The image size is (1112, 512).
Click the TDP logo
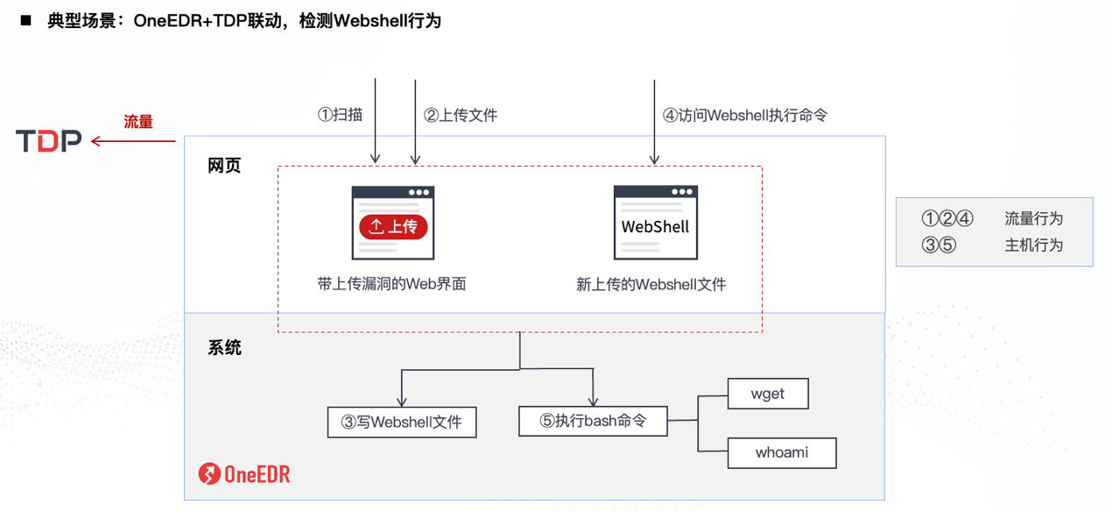tap(49, 140)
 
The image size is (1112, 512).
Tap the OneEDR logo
tap(244, 474)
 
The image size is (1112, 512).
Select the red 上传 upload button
tap(393, 227)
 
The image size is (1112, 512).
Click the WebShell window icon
tap(655, 223)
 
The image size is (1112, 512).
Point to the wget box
tap(768, 394)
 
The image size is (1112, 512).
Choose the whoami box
tap(782, 453)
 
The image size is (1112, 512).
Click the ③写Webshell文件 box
tap(402, 423)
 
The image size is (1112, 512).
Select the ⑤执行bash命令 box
tap(593, 421)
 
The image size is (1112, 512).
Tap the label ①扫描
tap(340, 115)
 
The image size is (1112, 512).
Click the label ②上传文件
tap(461, 115)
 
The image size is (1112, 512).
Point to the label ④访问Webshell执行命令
tap(744, 115)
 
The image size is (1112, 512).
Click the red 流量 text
tap(137, 122)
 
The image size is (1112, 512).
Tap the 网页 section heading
tap(224, 166)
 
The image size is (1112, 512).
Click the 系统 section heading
tap(224, 348)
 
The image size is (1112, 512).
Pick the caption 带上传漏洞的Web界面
tap(391, 284)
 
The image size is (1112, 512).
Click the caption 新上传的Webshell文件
tap(651, 284)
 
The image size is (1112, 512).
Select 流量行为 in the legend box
tap(1033, 219)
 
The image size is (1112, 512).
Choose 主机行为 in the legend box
tap(1033, 245)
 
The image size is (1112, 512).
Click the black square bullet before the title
tap(26, 19)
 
